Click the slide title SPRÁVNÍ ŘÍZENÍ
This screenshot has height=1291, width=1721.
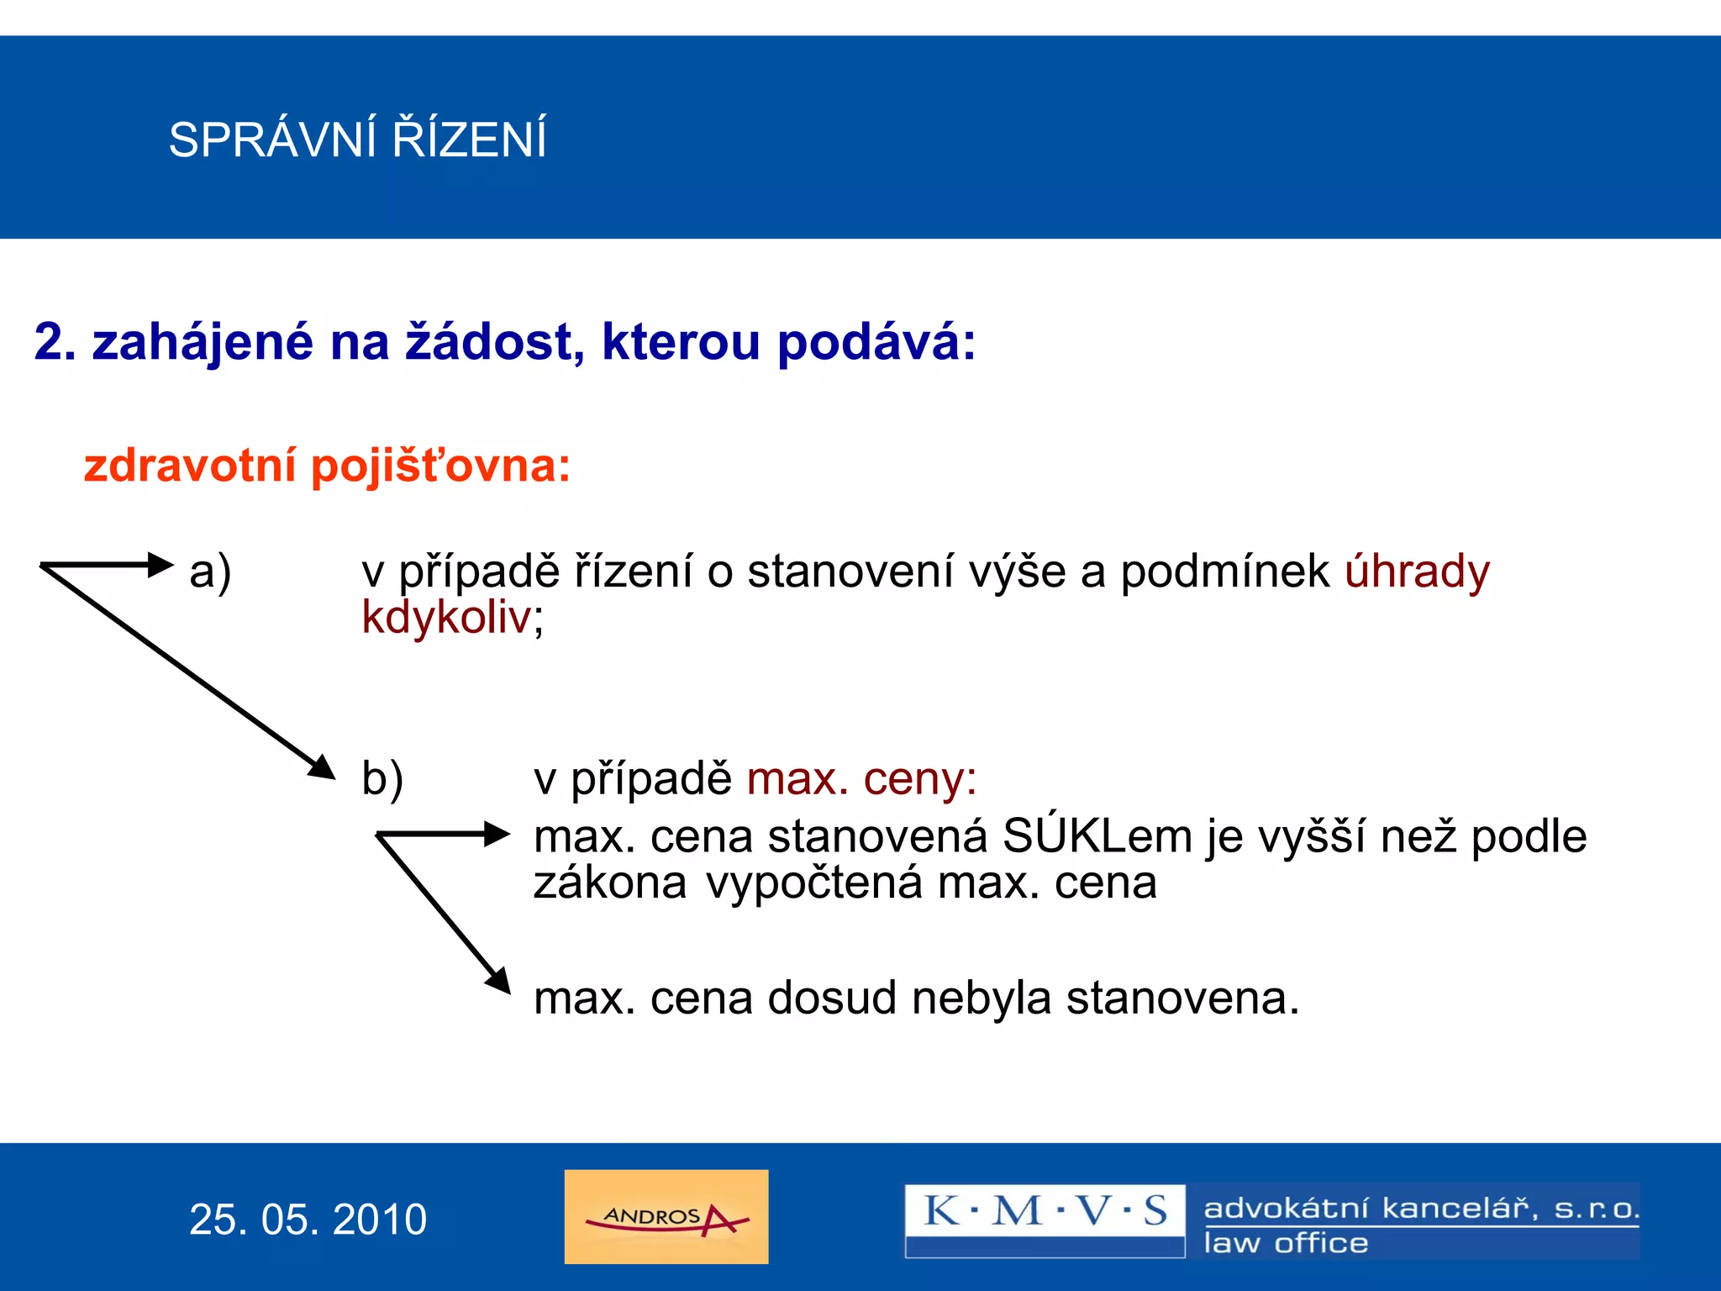coord(357,140)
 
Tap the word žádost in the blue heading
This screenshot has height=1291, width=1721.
coord(489,343)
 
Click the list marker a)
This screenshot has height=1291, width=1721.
coord(210,573)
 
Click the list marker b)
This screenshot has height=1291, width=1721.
coord(382,778)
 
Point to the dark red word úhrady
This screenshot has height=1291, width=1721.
coord(1417,573)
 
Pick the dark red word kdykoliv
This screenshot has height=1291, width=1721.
coord(447,619)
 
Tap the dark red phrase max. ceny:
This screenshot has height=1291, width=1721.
coord(861,778)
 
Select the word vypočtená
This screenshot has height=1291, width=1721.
coord(813,883)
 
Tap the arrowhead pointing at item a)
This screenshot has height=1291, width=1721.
coord(161,564)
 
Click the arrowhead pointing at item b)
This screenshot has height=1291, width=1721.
coord(323,767)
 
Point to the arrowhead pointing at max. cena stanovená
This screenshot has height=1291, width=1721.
coord(497,834)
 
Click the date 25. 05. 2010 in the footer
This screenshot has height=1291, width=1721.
coord(308,1220)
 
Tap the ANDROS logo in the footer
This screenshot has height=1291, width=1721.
coord(666,1217)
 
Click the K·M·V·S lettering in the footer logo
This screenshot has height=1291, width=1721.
coord(1045,1211)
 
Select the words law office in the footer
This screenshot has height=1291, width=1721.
coord(1286,1243)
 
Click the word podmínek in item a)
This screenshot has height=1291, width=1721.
coord(1225,573)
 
